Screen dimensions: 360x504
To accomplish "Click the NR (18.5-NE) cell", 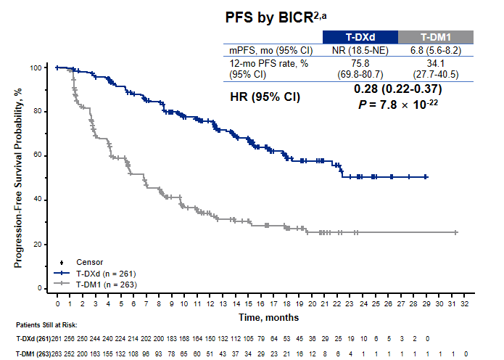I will coord(360,50).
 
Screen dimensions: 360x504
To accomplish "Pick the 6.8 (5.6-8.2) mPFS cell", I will coord(435,50).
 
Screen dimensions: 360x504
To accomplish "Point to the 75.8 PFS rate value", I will coord(360,63).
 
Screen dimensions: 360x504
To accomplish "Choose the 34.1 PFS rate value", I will coord(435,63).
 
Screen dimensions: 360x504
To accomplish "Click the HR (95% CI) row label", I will coord(265,96).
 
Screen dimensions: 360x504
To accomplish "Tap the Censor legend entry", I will coord(88,262).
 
